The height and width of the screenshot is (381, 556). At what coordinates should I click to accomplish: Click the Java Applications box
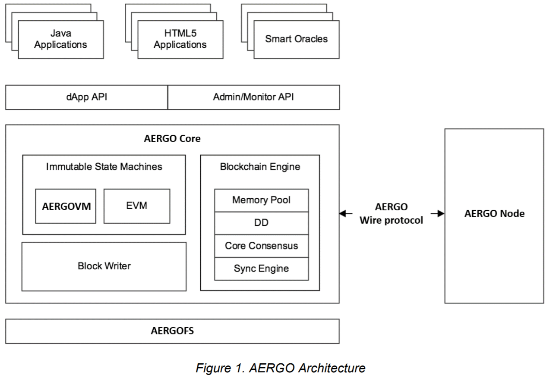(x=61, y=39)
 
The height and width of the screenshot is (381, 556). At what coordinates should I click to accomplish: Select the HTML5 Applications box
(x=180, y=39)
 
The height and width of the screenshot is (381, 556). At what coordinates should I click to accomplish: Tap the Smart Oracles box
(x=296, y=39)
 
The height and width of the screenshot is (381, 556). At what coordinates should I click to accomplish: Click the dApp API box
(x=87, y=97)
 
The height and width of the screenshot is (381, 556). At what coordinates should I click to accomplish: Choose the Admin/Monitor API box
(x=253, y=97)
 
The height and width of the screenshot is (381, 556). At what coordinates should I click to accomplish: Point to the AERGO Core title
(x=172, y=139)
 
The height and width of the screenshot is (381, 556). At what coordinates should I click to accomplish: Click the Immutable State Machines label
(x=104, y=166)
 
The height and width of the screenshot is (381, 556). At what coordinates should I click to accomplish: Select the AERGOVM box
(x=66, y=206)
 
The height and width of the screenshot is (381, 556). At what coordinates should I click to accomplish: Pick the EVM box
(x=137, y=206)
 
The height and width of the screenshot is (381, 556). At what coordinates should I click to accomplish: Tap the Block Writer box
(x=104, y=266)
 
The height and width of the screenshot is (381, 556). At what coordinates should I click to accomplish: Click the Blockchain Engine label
(x=260, y=166)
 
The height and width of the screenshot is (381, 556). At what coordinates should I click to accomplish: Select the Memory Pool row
(x=261, y=200)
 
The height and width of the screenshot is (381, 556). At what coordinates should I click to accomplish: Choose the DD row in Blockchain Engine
(x=261, y=223)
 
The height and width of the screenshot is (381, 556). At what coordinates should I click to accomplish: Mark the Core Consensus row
(x=261, y=246)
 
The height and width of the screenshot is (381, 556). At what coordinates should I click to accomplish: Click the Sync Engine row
(x=261, y=269)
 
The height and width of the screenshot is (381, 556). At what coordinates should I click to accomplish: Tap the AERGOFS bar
(x=172, y=331)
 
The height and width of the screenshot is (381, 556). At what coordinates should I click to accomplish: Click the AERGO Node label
(x=494, y=213)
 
